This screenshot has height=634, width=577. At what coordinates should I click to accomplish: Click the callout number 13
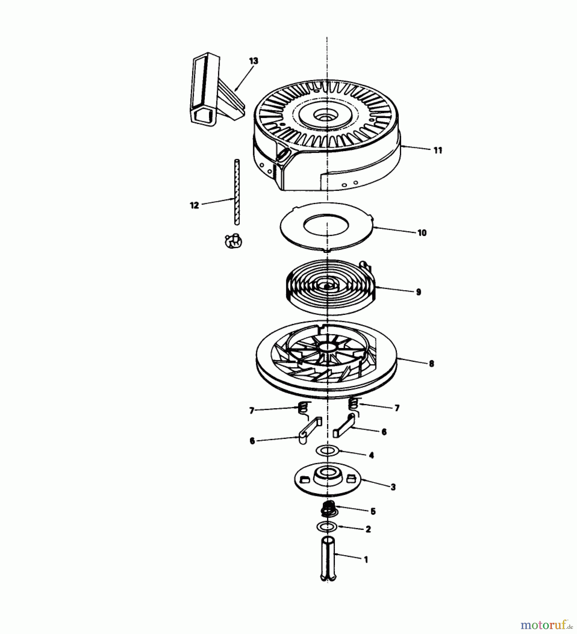(x=253, y=61)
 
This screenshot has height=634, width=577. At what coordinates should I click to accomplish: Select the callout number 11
(x=437, y=150)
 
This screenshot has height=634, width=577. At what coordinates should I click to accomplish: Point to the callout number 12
(x=195, y=205)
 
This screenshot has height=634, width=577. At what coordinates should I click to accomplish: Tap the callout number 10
(x=422, y=233)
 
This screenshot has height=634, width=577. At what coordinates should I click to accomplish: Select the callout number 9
(x=418, y=292)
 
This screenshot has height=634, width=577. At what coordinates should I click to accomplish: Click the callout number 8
(x=431, y=363)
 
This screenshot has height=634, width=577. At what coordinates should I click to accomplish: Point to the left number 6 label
(x=252, y=441)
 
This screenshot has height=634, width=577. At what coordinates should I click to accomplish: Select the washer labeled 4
(x=327, y=450)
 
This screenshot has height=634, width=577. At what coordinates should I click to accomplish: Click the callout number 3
(x=393, y=487)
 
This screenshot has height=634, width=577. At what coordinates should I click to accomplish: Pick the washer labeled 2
(x=327, y=527)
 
